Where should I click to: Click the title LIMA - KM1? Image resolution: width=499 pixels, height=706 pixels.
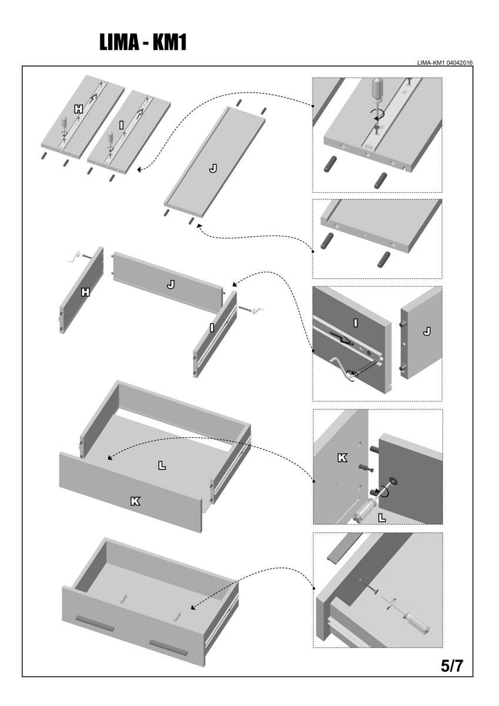coord(143,42)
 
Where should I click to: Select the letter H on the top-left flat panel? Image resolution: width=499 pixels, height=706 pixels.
coord(79,109)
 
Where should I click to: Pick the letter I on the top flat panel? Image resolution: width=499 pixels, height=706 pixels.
coord(120,125)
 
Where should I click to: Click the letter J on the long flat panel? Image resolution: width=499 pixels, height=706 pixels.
coord(213,169)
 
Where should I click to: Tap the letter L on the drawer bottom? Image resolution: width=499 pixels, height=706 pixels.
coord(162,465)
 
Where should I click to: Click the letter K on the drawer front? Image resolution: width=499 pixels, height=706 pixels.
coord(135,501)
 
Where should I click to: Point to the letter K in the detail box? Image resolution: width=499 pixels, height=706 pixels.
coord(342,457)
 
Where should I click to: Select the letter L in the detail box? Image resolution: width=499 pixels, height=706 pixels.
coord(381,517)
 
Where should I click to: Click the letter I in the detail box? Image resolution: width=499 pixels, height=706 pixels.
coord(356,322)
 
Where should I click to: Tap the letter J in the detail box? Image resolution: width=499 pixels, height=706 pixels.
coord(427,332)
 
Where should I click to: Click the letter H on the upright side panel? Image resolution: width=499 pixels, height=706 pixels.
coord(85,291)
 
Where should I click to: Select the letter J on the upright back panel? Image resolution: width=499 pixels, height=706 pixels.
coord(170,284)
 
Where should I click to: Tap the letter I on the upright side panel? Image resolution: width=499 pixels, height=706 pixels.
coord(212,328)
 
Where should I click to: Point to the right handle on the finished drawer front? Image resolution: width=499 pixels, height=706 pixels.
coord(168,647)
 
